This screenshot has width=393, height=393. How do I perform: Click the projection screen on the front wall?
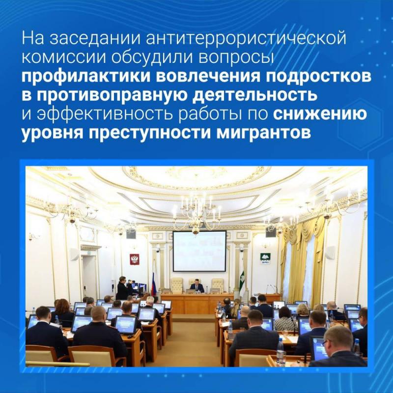point(199,251)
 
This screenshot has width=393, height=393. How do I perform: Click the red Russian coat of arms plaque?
point(134,259)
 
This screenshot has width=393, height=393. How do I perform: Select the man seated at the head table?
point(196,286)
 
